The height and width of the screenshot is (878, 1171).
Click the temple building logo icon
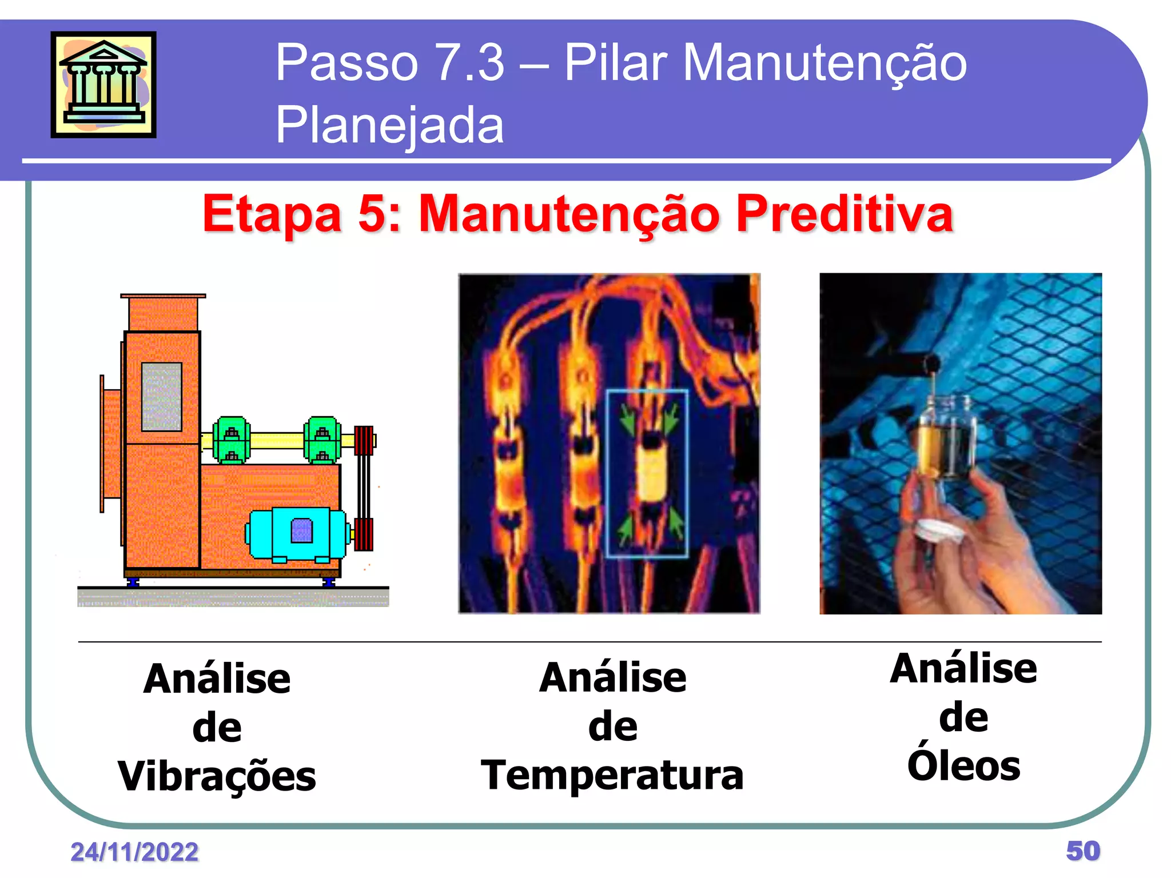(103, 84)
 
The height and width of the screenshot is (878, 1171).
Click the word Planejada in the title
(389, 125)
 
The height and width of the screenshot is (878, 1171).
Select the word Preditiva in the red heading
(844, 214)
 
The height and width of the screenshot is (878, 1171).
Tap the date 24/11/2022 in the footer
(134, 852)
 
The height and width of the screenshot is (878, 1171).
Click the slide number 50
(1083, 851)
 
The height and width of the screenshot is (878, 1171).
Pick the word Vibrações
(217, 776)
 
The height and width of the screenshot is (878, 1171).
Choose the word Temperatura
(612, 775)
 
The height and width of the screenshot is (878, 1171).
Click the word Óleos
(964, 766)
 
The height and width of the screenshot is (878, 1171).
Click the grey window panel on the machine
(162, 396)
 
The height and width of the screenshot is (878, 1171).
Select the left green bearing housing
(231, 440)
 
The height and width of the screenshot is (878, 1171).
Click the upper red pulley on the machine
(364, 440)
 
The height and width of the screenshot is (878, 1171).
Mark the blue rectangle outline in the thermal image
(647, 473)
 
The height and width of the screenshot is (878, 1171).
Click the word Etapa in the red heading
(272, 214)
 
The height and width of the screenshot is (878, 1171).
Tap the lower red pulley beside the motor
(364, 534)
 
